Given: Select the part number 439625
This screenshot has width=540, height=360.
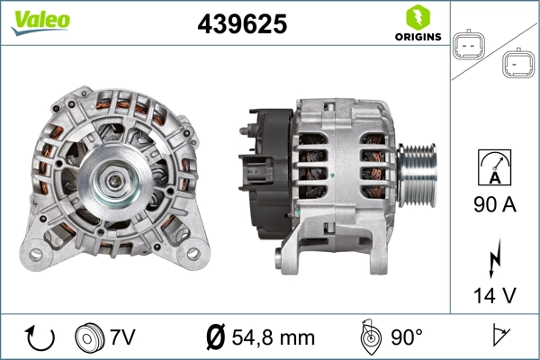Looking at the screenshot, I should (x=241, y=25).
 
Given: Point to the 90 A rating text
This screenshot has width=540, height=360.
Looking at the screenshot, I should (x=494, y=205).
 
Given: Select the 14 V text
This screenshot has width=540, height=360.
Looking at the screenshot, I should (x=494, y=293).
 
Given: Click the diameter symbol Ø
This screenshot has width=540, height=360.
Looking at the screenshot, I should (x=215, y=337).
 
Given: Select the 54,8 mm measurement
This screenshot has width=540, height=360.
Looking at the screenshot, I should (x=274, y=337).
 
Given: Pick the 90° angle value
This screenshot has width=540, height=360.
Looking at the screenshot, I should (x=407, y=337).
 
